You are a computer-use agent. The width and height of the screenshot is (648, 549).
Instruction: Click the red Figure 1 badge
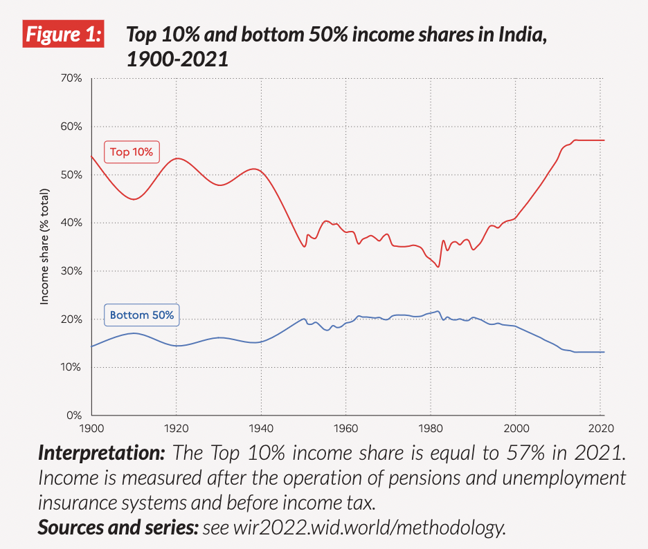click(63, 35)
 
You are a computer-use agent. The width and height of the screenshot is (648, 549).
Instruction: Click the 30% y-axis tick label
click(71, 271)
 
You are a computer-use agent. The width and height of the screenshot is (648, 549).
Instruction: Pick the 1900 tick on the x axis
click(91, 427)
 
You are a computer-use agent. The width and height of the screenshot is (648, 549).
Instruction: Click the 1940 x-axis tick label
click(261, 427)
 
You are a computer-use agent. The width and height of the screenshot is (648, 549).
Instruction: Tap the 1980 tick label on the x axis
click(431, 427)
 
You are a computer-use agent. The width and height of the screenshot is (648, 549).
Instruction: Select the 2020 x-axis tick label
click(600, 427)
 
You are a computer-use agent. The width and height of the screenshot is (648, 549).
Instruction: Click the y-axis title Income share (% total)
click(45, 246)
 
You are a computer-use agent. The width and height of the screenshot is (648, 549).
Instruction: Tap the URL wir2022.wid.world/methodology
click(354, 528)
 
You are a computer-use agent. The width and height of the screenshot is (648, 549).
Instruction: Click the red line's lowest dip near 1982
click(438, 267)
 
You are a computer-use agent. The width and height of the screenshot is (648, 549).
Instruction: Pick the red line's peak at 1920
click(177, 158)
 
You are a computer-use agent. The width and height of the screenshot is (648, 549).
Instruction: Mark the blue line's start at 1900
click(92, 346)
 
